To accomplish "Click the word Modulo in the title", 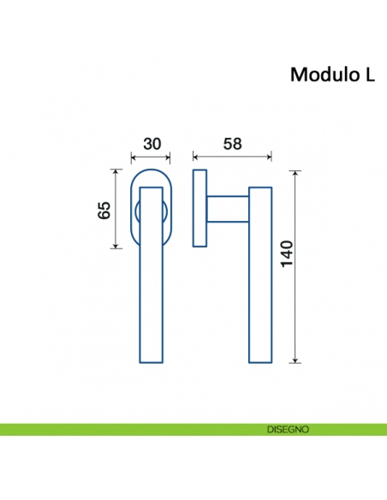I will pyautogui.click(x=319, y=74).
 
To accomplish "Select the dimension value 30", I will pyautogui.click(x=152, y=143).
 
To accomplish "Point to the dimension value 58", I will pyautogui.click(x=232, y=143).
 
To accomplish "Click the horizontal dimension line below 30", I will pyautogui.click(x=150, y=158).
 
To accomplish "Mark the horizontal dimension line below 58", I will pyautogui.click(x=232, y=158).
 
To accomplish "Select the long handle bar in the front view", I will pyautogui.click(x=150, y=291).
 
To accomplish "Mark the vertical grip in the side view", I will pyautogui.click(x=259, y=274).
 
